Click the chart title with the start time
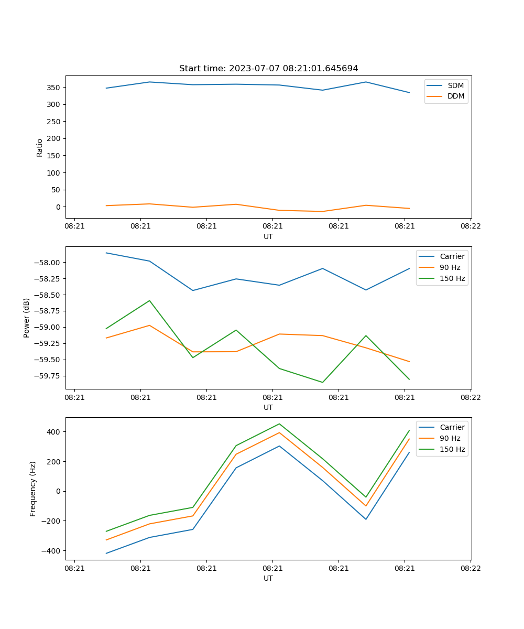coord(268,69)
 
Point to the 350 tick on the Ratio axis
coord(54,88)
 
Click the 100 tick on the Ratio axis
coord(54,173)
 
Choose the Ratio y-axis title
coord(40,147)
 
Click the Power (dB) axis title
coord(27,318)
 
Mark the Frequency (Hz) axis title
coord(33,489)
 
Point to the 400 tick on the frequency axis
coord(54,432)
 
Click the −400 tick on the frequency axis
coord(52,551)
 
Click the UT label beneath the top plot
coord(268,236)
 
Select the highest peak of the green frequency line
coord(279,424)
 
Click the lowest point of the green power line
coord(322,382)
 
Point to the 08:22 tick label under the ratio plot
coord(471,227)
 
